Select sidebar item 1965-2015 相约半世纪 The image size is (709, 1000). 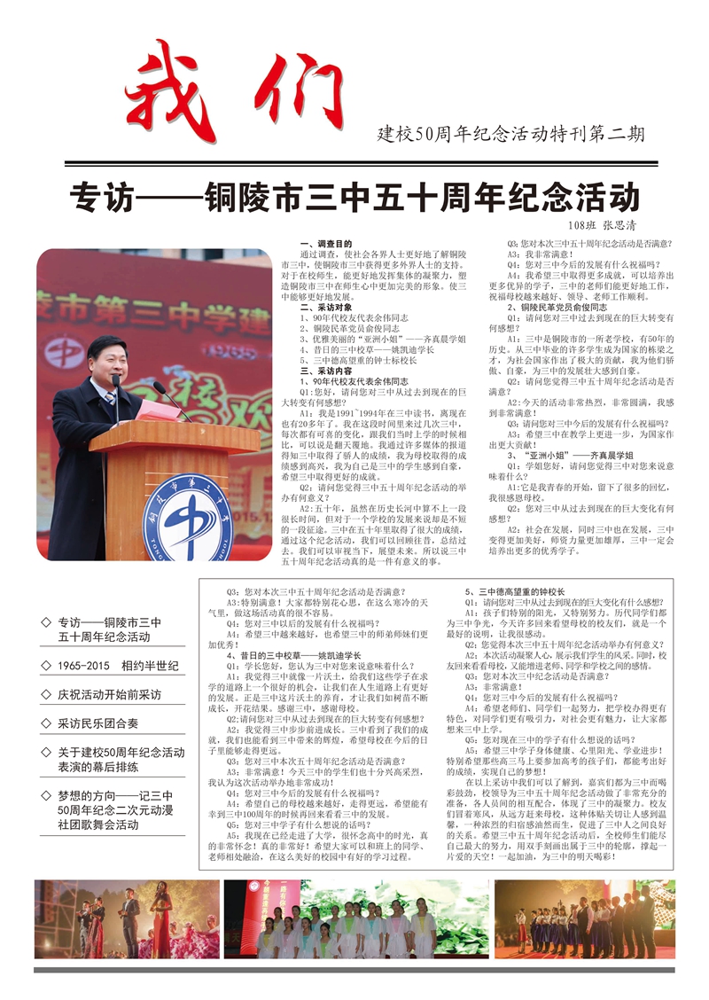[x=118, y=666]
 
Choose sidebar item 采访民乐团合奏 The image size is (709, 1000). [x=97, y=724]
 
